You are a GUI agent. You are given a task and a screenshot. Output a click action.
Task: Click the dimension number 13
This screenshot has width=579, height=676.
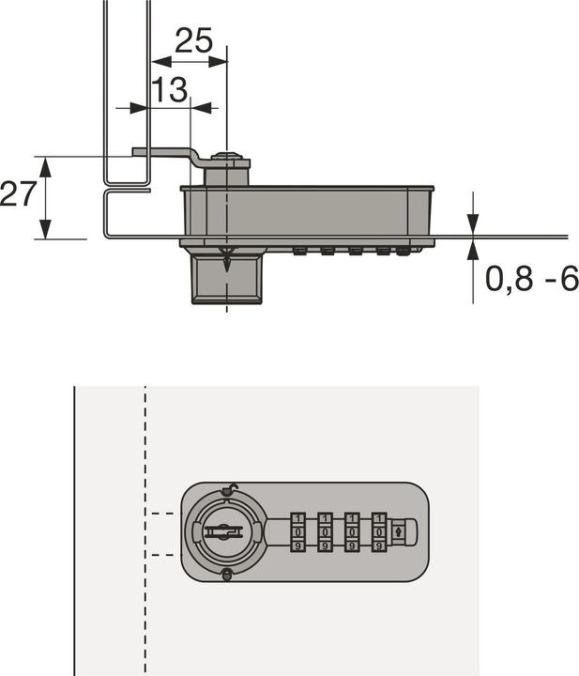[x=169, y=90]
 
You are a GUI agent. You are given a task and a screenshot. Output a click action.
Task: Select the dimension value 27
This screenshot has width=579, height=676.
[x=19, y=195]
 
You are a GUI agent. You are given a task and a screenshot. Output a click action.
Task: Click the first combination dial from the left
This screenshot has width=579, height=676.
[x=298, y=531]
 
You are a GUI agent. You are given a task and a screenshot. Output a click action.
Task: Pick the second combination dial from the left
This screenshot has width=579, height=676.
[x=325, y=531]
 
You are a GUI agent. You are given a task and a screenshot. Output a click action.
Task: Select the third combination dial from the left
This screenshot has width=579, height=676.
[x=352, y=531]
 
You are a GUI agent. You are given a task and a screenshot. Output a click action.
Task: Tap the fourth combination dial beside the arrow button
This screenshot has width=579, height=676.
[x=378, y=531]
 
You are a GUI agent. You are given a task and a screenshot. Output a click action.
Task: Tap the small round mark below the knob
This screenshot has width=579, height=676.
[x=225, y=576]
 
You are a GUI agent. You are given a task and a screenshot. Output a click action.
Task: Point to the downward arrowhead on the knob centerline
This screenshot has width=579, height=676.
[x=226, y=264]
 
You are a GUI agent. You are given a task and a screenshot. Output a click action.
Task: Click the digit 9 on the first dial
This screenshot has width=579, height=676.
[x=298, y=545]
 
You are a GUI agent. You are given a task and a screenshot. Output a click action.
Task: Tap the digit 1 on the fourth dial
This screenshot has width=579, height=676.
[x=378, y=518]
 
